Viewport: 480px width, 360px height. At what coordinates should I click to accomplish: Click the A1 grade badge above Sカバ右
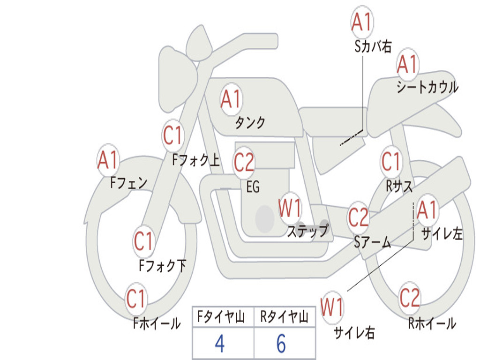[362, 22]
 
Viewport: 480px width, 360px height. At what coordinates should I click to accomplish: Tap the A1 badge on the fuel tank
[232, 99]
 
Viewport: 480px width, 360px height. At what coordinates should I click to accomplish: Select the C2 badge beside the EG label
[244, 162]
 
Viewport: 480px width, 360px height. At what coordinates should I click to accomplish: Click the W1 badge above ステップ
[290, 208]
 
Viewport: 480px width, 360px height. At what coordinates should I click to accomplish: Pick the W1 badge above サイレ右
[332, 307]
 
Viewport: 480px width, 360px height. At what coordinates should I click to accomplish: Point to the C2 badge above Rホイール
[410, 298]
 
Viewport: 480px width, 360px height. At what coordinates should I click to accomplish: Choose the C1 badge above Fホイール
[136, 299]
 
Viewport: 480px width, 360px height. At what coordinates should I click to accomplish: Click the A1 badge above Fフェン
[108, 160]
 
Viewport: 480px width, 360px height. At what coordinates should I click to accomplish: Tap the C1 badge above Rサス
[391, 161]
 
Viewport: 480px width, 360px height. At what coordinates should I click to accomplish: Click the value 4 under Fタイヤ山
[220, 344]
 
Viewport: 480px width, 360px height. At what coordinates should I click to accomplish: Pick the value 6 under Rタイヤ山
[281, 344]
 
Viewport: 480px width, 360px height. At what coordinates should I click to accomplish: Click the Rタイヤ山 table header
[284, 317]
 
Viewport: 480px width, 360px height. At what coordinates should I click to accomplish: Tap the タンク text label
[250, 122]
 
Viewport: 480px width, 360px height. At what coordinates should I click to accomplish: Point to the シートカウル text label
[427, 87]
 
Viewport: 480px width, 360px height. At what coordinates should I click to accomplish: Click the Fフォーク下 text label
[162, 265]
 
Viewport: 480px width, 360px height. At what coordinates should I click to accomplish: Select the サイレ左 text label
[442, 234]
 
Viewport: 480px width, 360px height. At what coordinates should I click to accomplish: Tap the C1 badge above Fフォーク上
[173, 135]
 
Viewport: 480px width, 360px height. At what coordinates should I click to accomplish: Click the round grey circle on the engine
[265, 218]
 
